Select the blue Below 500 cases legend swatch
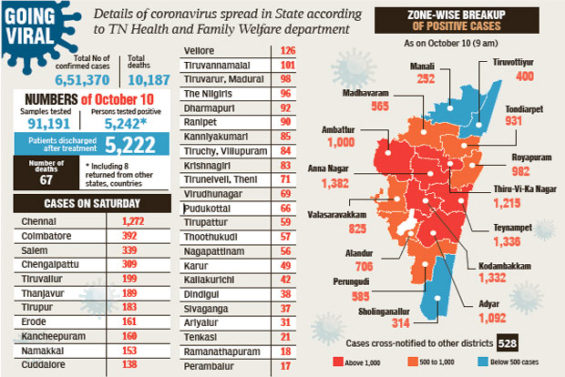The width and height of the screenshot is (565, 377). [x=480, y=362]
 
